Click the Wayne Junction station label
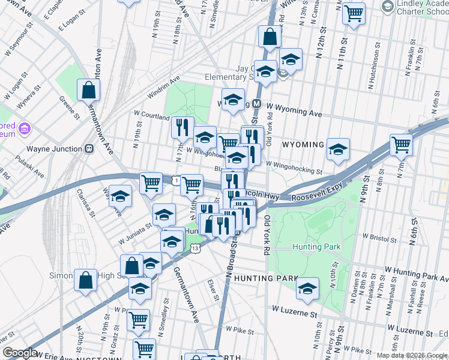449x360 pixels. click(x=54, y=149)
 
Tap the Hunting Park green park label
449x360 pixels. click(x=316, y=247)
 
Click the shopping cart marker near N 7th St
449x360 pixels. click(x=401, y=145)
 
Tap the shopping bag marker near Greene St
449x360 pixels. click(x=89, y=91)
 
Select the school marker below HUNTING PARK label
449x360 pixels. click(x=307, y=289)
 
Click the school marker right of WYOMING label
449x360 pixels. click(x=339, y=149)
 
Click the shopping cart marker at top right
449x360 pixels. click(x=354, y=13)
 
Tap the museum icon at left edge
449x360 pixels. click(x=25, y=128)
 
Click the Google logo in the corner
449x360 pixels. click(x=20, y=353)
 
